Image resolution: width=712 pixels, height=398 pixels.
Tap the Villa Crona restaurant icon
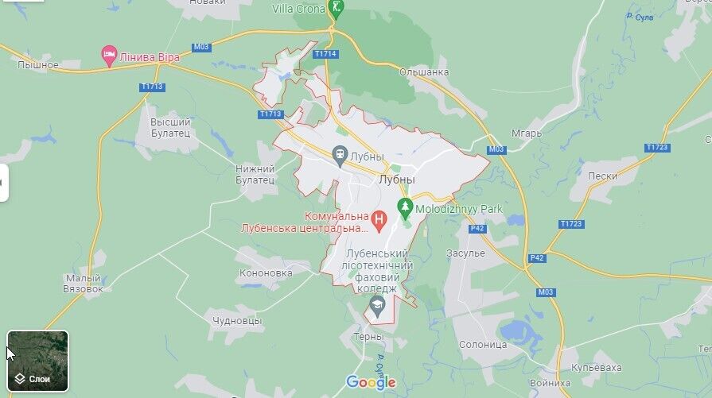tap(337, 9)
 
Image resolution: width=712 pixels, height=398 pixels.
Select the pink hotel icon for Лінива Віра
tap(109, 56)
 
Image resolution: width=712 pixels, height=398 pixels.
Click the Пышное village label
tap(38, 65)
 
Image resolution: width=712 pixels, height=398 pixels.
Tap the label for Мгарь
tap(526, 133)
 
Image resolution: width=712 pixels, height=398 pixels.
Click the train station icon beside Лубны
tap(340, 155)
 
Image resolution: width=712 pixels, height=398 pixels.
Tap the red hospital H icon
tap(379, 217)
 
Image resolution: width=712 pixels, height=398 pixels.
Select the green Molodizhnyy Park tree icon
tap(405, 209)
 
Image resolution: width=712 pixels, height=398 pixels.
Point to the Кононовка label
tap(266, 272)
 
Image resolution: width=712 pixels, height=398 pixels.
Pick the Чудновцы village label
tap(237, 320)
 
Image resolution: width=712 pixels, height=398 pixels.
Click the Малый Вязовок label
tap(84, 284)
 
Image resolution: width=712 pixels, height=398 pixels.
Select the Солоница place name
tap(483, 345)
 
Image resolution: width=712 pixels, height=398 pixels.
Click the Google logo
tap(371, 383)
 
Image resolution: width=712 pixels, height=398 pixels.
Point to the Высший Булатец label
tap(170, 128)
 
